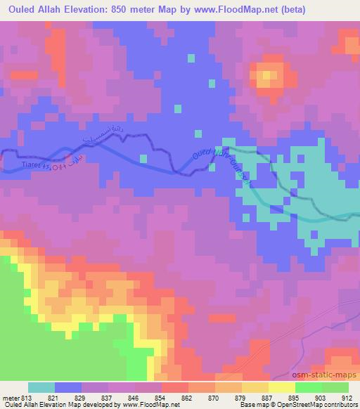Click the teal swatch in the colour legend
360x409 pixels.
[41, 387]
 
